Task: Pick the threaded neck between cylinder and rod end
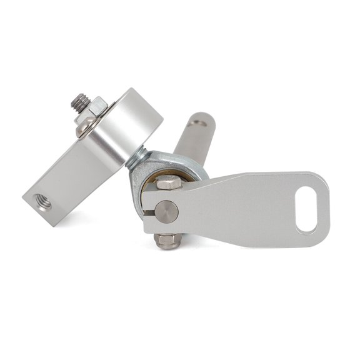click(x=137, y=157)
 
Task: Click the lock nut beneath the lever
click(x=167, y=241)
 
